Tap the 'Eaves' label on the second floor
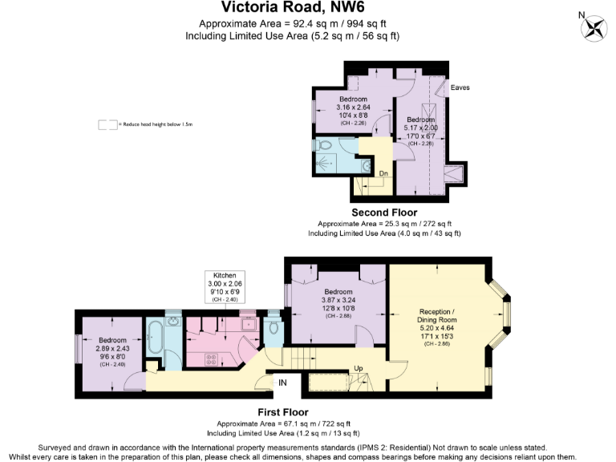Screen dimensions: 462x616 [460, 87]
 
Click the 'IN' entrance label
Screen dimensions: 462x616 [282, 383]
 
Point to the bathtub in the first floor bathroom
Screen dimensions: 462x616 [155, 342]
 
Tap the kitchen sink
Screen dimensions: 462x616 [248, 325]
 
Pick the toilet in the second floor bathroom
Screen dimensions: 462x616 [322, 146]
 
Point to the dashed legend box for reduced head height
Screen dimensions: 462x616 [107, 125]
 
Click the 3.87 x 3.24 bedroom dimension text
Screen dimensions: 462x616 [337, 301]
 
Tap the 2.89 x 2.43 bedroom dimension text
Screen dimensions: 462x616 [111, 351]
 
